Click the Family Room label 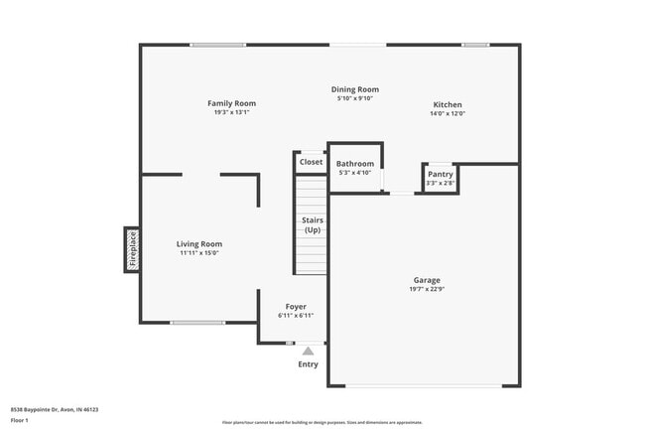coord(231,103)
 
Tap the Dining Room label coord(356,89)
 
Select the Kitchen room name coord(447,104)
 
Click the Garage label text coord(427,280)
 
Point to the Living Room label coord(198,243)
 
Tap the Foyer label coord(296,307)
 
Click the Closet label coord(311,162)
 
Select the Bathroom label coord(355,164)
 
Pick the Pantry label coord(440,174)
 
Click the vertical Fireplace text coord(132,248)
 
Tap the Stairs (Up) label coord(312,225)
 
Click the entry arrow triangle coord(308,351)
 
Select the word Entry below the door coord(309,364)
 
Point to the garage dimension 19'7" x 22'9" coord(427,290)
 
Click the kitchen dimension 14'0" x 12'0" coord(447,114)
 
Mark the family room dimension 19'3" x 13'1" coord(231,112)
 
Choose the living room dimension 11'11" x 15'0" coord(198,253)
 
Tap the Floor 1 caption coord(20,420)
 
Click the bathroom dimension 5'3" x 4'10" coord(355,173)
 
